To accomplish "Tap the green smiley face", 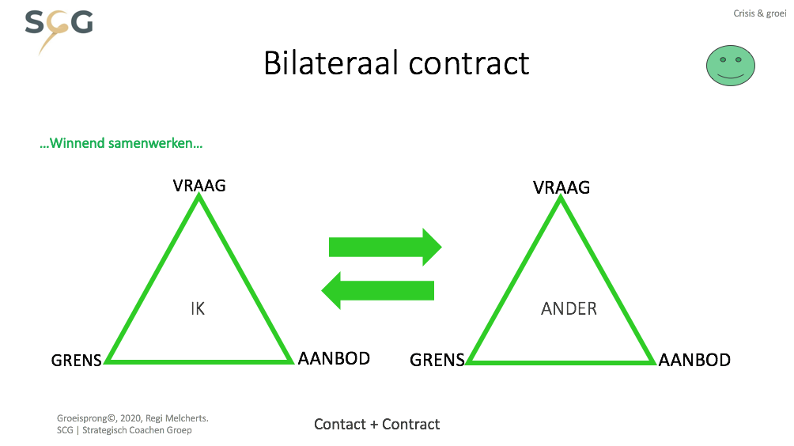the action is [730, 66].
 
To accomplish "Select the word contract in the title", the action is [469, 64].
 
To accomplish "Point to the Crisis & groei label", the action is [759, 13].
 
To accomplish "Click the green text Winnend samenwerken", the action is [121, 143].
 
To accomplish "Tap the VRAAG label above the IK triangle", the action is [199, 186].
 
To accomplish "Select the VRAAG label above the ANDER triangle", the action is [561, 188].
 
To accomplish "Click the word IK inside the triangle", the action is [198, 309].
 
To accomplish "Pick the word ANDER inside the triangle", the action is [569, 309].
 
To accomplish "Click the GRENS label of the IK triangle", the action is [77, 361].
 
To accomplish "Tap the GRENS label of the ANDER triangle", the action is [437, 360].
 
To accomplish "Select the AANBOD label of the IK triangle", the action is [334, 358].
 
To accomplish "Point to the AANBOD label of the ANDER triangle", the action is [694, 360].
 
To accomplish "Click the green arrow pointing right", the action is [385, 247].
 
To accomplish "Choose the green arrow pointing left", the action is [378, 290].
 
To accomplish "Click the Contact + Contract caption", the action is [376, 424].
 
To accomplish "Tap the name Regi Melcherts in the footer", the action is [176, 418].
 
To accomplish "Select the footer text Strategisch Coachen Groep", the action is [137, 430].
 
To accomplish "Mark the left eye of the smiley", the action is [723, 60].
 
